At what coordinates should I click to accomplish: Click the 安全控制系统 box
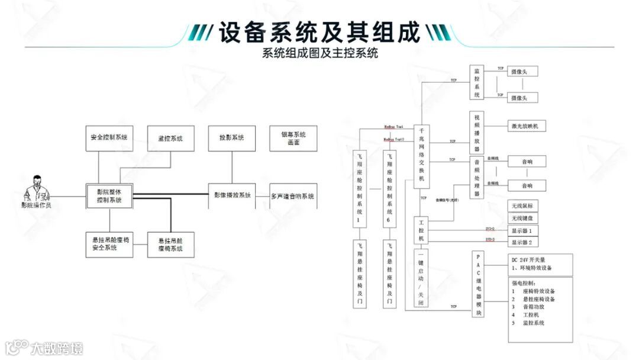click(x=109, y=138)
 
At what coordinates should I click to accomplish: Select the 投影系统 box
click(x=232, y=138)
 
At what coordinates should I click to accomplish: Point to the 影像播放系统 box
click(x=232, y=195)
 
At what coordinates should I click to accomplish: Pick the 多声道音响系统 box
click(x=293, y=196)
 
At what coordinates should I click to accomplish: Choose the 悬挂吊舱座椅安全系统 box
click(x=109, y=243)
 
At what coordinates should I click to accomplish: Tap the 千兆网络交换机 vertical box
click(x=422, y=156)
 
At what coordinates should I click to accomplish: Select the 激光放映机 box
click(x=527, y=126)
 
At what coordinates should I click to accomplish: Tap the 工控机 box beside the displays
click(x=422, y=230)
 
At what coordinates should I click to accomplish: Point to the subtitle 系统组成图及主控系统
click(x=320, y=53)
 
